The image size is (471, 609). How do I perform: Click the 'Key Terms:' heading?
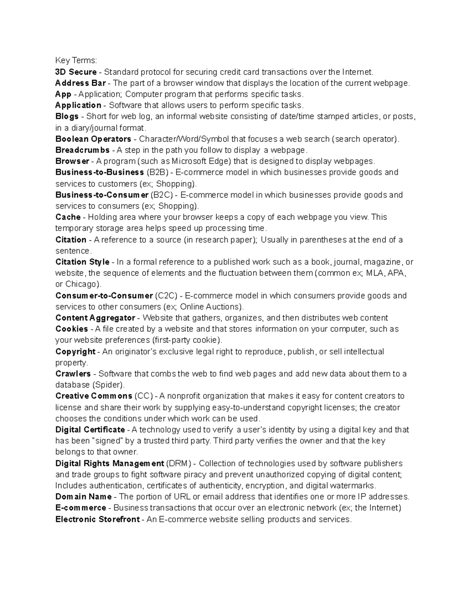pos(76,60)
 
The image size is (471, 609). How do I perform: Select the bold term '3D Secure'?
pos(76,72)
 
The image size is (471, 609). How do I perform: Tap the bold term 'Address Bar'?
pos(80,83)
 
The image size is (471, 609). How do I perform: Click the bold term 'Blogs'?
pos(67,116)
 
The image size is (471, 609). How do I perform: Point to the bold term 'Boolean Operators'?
pos(93,139)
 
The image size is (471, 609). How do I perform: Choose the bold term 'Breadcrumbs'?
pos(82,150)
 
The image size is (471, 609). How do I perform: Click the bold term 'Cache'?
pos(68,217)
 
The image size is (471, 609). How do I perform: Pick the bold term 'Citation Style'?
pos(82,262)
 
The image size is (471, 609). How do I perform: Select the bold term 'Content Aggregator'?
pos(95,318)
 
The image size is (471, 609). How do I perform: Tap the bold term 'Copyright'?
pos(75,351)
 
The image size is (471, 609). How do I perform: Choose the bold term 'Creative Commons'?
pos(93,396)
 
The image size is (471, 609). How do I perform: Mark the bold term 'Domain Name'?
pos(83,497)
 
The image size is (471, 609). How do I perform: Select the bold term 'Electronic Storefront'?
pos(97,520)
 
